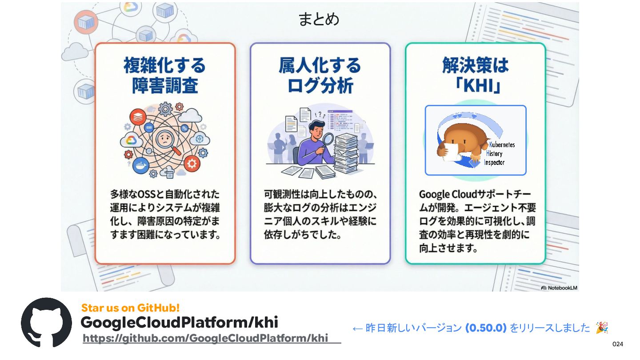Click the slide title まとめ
(319, 20)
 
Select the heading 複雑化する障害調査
(165, 76)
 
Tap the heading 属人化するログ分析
(320, 76)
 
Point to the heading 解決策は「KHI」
(475, 76)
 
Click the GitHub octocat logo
(46, 323)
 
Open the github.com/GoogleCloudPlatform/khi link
(205, 338)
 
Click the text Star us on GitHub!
(130, 308)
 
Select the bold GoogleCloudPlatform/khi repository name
(179, 322)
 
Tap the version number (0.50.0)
(486, 328)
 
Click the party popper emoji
(602, 328)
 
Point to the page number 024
(618, 344)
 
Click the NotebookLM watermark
(559, 288)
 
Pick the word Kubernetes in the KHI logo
(502, 145)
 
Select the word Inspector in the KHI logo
(494, 162)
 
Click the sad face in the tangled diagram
(165, 141)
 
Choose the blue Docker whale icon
(140, 165)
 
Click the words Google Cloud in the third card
(442, 195)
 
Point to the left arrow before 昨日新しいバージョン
(358, 329)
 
